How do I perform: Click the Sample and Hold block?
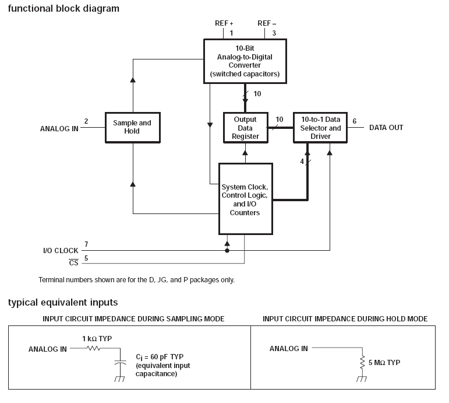(132, 127)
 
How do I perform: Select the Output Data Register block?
(245, 128)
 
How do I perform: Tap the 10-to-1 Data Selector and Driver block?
(319, 128)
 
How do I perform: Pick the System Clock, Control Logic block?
(245, 199)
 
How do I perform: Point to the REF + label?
(224, 23)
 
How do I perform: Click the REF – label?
(267, 23)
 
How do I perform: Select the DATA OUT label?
(386, 127)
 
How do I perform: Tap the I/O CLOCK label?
(61, 251)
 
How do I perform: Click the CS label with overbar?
(73, 262)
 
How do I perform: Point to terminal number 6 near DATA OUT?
(354, 121)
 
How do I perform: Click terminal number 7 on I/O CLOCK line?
(86, 244)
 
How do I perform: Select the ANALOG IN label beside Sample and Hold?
(59, 128)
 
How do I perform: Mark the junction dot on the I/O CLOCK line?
(227, 250)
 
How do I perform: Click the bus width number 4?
(302, 162)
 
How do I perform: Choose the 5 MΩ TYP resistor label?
(384, 363)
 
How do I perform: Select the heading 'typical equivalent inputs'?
(63, 302)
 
